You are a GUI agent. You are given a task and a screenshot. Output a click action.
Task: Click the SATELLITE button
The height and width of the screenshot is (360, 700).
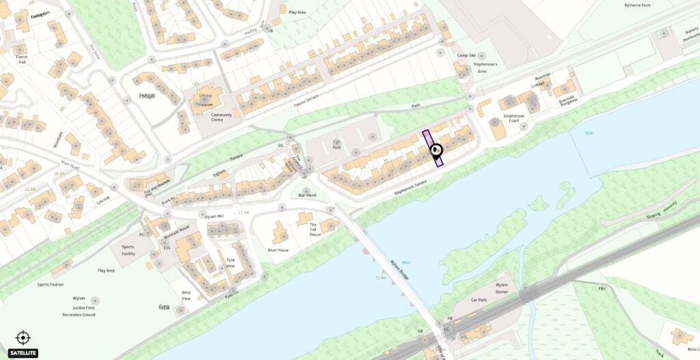click(18, 352)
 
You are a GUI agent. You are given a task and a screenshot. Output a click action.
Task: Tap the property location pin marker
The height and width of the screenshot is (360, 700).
click(436, 151)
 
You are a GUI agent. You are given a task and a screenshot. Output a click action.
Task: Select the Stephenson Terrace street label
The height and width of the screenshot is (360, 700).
click(410, 189)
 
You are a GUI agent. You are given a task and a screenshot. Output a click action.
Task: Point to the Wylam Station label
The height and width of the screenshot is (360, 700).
click(502, 288)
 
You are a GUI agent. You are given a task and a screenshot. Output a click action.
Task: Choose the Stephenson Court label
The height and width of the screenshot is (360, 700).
click(513, 119)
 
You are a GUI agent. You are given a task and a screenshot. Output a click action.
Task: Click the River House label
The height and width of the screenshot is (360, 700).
click(278, 250)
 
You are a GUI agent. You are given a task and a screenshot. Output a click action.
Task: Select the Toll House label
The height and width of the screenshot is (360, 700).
click(314, 230)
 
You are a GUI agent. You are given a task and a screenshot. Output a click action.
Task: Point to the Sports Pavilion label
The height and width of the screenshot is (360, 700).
click(51, 283)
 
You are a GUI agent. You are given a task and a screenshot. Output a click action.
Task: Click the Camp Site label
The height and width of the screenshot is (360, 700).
click(466, 55)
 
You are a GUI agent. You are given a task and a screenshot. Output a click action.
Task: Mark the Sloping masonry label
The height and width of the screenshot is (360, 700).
click(662, 208)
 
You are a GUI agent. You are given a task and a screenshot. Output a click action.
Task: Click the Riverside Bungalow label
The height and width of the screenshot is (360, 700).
click(567, 100)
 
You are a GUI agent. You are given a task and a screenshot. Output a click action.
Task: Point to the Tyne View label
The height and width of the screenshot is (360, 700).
click(230, 263)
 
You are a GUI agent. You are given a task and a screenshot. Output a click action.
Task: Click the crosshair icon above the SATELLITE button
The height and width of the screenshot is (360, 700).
click(23, 337)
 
